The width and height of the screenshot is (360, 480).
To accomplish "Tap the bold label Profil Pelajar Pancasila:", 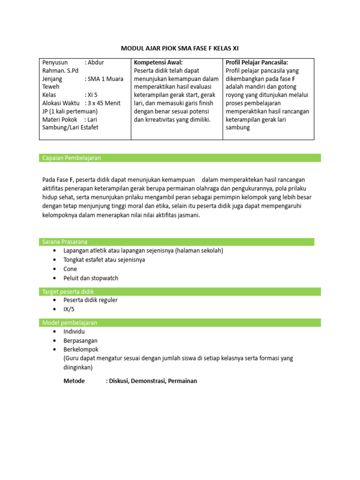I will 256,62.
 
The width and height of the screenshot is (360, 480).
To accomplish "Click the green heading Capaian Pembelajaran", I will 71,158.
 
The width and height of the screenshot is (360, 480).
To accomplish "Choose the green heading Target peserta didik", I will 68,292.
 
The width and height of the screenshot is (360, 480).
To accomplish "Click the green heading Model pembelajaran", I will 70,323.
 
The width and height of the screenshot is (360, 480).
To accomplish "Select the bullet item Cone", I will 70,269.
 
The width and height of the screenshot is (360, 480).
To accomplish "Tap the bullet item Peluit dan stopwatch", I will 90,278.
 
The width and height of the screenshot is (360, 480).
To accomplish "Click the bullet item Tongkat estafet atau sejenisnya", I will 104,260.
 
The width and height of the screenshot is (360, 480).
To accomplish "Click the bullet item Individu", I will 74,332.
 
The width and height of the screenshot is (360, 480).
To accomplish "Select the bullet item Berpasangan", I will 80,341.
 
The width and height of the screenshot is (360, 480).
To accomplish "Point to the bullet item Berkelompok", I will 81,350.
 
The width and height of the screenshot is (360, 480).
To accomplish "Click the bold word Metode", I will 74,381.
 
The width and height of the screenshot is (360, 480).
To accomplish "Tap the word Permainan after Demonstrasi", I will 182,381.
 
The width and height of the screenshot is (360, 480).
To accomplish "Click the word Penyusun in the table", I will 55,62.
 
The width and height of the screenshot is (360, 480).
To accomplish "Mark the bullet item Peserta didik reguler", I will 90,300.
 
